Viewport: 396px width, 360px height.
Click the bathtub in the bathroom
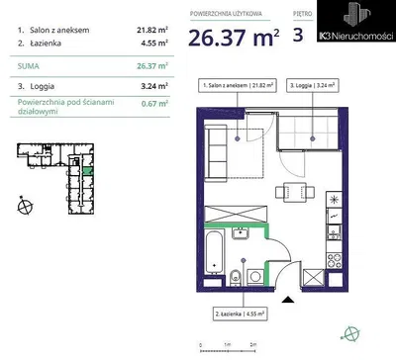(214, 252)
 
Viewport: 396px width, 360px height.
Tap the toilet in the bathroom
(235, 278)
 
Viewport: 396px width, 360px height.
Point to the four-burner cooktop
(334, 260)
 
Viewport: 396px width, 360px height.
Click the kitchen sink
(334, 232)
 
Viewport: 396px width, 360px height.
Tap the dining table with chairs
(295, 192)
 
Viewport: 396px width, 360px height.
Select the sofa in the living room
(216, 153)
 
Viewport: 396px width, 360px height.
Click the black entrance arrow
(288, 300)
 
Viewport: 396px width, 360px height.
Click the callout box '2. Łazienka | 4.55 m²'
(240, 314)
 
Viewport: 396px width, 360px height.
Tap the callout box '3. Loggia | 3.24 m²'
(312, 85)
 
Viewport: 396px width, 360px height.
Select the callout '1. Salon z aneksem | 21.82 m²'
(238, 85)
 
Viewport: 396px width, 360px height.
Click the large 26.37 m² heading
(234, 38)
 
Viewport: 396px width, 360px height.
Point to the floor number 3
(298, 35)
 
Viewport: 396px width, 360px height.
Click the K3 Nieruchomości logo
(356, 21)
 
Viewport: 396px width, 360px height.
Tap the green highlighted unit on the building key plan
(88, 171)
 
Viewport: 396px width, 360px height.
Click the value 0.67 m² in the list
(154, 104)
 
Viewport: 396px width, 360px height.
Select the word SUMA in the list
(29, 66)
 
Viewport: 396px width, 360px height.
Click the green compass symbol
(349, 334)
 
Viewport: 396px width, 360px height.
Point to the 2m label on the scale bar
(253, 344)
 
